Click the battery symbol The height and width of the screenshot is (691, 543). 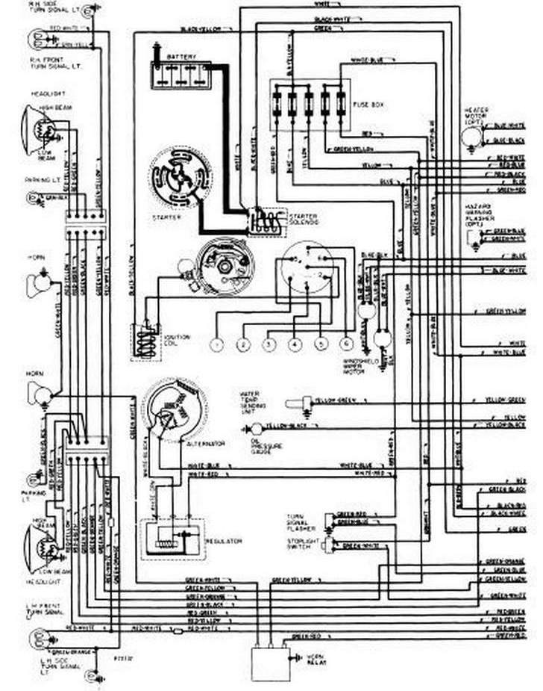180,75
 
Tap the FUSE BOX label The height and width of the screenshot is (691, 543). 368,105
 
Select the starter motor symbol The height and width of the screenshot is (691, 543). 179,177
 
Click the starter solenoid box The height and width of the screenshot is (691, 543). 266,221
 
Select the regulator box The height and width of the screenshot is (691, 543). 172,537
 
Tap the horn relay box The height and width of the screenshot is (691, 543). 270,662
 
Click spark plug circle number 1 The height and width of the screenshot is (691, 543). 216,345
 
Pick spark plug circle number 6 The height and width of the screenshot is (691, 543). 346,344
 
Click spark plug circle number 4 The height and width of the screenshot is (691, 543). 295,345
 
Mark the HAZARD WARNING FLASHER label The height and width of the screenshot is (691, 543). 477,214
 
